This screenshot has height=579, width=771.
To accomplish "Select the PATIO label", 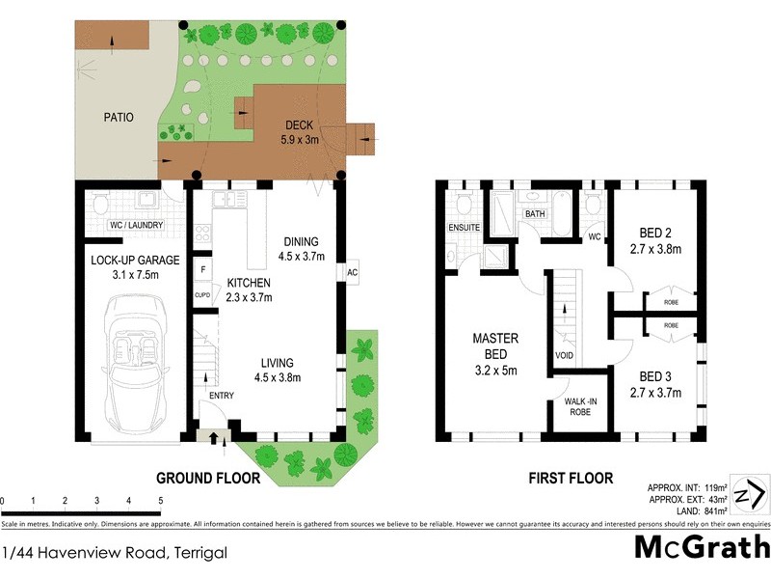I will point(119,117).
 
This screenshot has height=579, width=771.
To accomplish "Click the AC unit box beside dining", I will point(354,273).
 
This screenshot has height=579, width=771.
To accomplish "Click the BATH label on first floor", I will point(535,213).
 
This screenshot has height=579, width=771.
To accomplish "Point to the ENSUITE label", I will point(465,228).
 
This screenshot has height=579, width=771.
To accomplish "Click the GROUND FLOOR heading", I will point(210,477).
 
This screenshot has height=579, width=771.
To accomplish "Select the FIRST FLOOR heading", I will point(570,477).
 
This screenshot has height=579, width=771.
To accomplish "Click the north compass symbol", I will point(749,495).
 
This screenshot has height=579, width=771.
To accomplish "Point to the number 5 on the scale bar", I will point(160,501).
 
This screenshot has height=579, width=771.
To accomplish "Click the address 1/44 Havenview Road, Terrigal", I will point(115,553).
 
